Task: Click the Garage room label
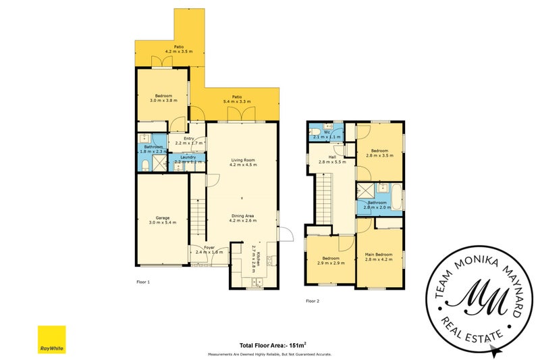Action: pyautogui.click(x=163, y=217)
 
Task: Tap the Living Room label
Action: pyautogui.click(x=242, y=159)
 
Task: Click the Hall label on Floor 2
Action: pyautogui.click(x=332, y=157)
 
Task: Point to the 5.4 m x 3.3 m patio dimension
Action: pyautogui.click(x=237, y=101)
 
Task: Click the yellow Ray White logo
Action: pyautogui.click(x=51, y=339)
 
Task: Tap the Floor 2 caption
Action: pyautogui.click(x=312, y=301)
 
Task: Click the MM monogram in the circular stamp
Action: pyautogui.click(x=479, y=297)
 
